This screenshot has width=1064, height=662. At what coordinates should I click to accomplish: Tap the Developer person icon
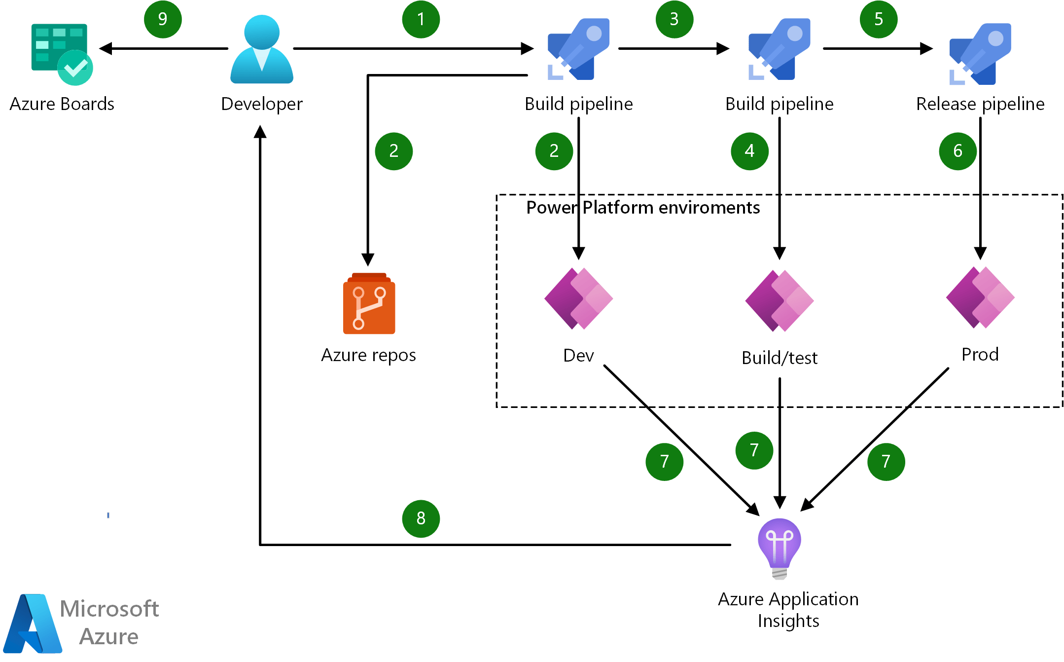click(x=262, y=49)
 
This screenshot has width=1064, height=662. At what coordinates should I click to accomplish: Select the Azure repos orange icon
click(x=369, y=304)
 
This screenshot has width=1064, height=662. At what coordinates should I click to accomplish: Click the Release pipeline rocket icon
click(x=980, y=53)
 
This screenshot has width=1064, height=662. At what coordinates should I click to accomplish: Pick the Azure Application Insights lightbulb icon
click(x=780, y=548)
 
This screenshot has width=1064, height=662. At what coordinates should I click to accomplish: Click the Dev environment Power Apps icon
click(x=578, y=298)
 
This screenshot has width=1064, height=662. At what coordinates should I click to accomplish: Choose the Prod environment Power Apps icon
click(x=980, y=297)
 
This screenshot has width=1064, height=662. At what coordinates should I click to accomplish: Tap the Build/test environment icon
click(x=780, y=300)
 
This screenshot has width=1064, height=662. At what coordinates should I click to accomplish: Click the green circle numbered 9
click(x=163, y=19)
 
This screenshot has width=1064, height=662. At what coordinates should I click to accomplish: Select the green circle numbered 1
click(x=421, y=19)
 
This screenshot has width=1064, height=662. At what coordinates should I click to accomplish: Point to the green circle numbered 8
click(x=421, y=518)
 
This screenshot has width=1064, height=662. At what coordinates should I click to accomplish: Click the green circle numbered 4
click(x=749, y=151)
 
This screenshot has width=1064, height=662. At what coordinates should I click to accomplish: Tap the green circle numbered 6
click(x=958, y=151)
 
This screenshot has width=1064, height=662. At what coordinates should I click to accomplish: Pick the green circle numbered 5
click(x=878, y=19)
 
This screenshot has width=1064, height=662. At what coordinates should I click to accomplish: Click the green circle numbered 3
click(x=674, y=19)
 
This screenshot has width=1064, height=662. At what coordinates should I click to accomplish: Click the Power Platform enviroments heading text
click(x=642, y=208)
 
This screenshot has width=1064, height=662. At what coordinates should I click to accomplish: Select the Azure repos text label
click(x=368, y=355)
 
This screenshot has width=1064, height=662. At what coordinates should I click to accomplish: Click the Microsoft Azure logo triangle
click(x=33, y=624)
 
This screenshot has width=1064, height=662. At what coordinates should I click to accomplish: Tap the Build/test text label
click(x=780, y=358)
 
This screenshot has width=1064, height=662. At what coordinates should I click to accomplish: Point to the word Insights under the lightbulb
click(x=788, y=621)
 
